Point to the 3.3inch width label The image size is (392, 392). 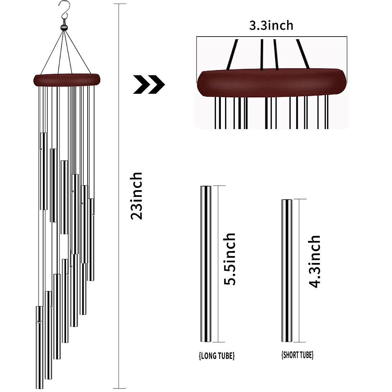point(271,25)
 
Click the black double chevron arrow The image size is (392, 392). point(149,85)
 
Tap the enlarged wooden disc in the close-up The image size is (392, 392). point(271,83)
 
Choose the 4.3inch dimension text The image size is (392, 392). point(314,261)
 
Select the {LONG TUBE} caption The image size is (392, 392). point(217,355)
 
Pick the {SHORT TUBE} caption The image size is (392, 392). point(297,355)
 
